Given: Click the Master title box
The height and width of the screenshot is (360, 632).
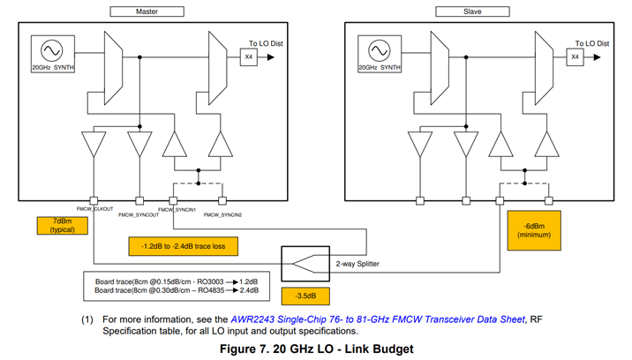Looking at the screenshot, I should coord(147,11).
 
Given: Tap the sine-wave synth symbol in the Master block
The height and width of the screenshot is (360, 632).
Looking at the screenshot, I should coord(46,49).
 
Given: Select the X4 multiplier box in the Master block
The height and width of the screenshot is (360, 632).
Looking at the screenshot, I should coord(248,57).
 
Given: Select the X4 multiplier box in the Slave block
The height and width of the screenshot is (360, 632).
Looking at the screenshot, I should coord(576,57).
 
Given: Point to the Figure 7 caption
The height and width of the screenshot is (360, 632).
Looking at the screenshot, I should coord(315,349).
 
